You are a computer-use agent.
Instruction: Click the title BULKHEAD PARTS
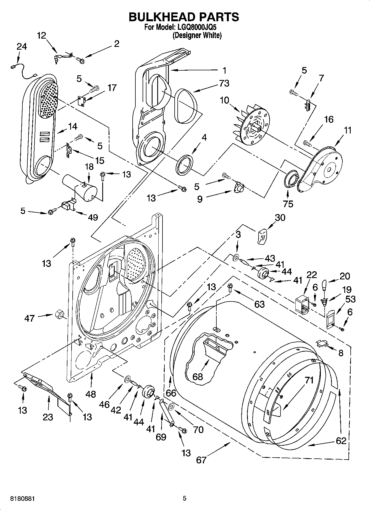[x=184, y=17]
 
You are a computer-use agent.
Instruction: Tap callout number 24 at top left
[x=22, y=47]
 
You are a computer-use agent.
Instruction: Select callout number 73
[x=224, y=83]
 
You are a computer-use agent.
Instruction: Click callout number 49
[x=93, y=217]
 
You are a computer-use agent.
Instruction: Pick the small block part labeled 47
[x=59, y=314]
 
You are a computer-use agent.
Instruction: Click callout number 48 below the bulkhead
[x=91, y=394]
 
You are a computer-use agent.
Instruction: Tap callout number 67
[x=201, y=460]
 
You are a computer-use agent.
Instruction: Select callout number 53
[x=351, y=299]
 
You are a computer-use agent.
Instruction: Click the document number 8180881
[x=22, y=499]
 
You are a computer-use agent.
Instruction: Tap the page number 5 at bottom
[x=185, y=498]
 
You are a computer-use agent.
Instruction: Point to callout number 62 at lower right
[x=341, y=440]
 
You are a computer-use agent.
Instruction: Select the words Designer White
[x=197, y=35]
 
